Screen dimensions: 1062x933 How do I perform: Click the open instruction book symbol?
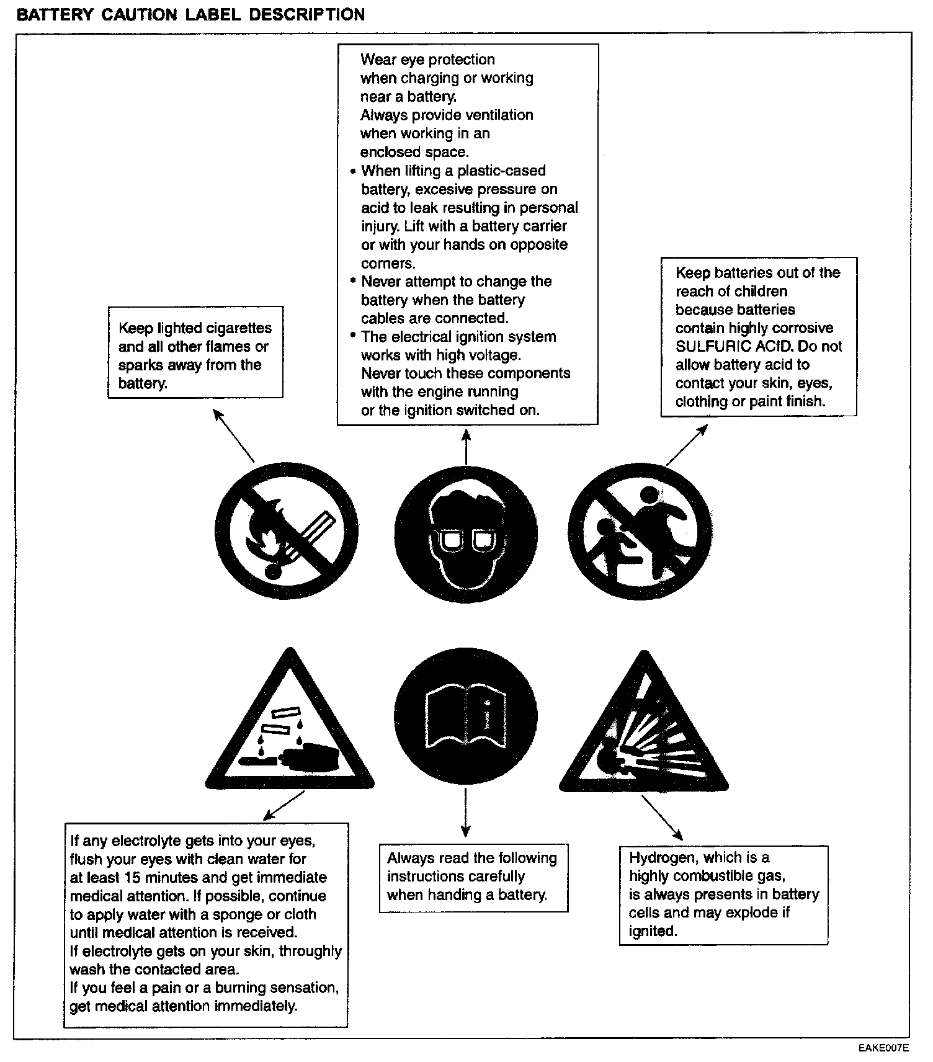pyautogui.click(x=466, y=718)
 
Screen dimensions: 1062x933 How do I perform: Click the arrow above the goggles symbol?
pyautogui.click(x=466, y=447)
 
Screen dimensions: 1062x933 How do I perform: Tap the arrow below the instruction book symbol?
pyautogui.click(x=466, y=817)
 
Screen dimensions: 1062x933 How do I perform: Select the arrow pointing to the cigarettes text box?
pyautogui.click(x=234, y=435)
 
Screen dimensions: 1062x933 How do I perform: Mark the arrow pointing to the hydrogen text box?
pyautogui.click(x=662, y=818)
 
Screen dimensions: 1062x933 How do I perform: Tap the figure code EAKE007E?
pyautogui.click(x=884, y=1048)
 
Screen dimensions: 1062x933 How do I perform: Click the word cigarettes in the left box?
pyautogui.click(x=238, y=328)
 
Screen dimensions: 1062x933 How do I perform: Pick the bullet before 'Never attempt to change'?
pyautogui.click(x=353, y=281)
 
